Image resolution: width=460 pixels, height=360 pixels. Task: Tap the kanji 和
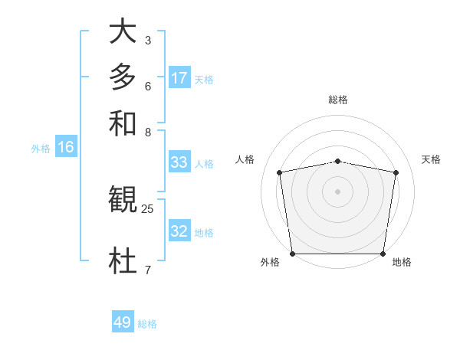coord(123,122)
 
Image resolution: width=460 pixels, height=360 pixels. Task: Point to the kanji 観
coord(123,200)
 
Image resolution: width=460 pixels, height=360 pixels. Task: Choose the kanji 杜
coord(123,261)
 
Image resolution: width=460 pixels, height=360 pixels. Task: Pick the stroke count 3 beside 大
coord(148,40)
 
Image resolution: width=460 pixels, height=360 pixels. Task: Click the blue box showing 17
coord(179,78)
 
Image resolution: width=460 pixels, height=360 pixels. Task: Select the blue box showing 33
coord(179,162)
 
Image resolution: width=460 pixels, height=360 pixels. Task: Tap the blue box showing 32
coord(179,231)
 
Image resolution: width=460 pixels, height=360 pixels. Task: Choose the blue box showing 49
coord(123,322)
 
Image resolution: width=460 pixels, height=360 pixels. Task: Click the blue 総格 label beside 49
coord(147,324)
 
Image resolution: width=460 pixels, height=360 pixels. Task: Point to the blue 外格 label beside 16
coord(41,149)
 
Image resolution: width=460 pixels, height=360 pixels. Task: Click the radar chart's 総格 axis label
coord(338,100)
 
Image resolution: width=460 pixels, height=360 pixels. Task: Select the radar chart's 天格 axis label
coord(431,159)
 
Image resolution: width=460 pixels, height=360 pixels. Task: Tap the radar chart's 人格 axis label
coord(245,159)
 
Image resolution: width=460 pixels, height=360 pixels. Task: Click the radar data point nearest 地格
coord(383,254)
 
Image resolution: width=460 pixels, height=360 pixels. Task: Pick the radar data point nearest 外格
coord(292,254)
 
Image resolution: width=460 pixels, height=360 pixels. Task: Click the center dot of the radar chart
coord(338,191)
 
